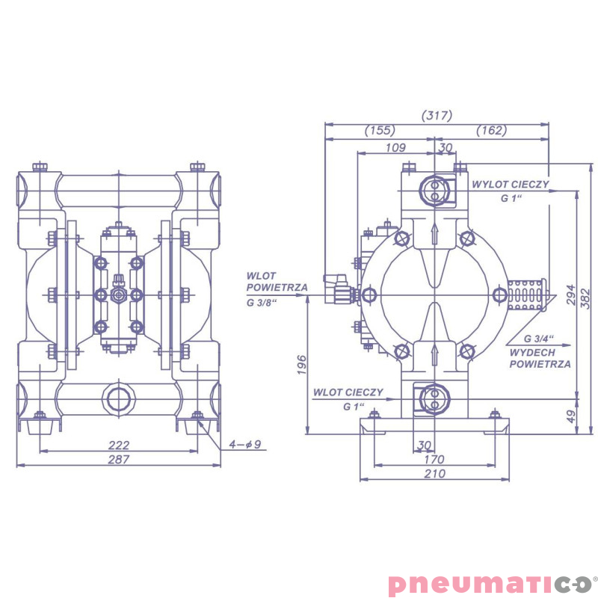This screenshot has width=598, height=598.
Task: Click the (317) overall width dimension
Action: tap(437, 115)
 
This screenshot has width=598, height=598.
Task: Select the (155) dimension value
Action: tap(380, 130)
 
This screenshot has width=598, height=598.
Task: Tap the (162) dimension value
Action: tap(492, 130)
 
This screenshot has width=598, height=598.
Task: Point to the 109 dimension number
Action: tap(395, 147)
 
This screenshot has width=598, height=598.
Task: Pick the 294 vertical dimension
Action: tap(570, 295)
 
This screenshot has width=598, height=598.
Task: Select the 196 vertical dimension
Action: tap(302, 365)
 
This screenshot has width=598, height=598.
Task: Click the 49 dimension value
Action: tap(570, 416)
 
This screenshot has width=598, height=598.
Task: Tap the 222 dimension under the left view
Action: tap(119, 445)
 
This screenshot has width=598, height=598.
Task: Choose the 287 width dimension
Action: tap(119, 460)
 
